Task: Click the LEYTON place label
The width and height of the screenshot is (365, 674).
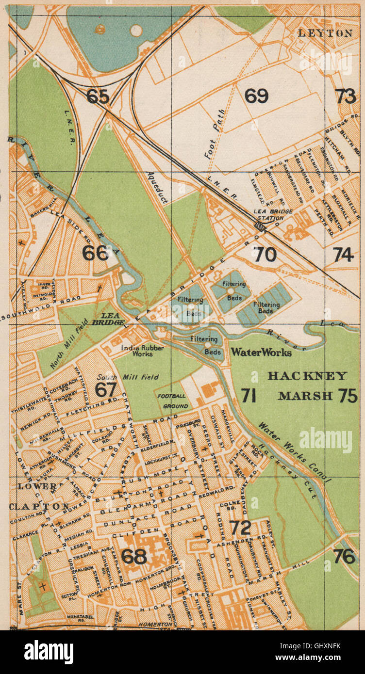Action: coord(325,33)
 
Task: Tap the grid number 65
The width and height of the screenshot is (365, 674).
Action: coord(98,96)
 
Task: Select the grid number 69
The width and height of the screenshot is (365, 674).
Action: coord(256,96)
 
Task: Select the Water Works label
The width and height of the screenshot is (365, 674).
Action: coord(261,353)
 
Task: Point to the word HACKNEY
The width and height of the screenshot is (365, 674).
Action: coord(307,376)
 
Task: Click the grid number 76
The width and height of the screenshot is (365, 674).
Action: coord(344,556)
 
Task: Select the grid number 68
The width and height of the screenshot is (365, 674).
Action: coord(133,556)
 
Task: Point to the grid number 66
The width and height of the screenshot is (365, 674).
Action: coord(95,253)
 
